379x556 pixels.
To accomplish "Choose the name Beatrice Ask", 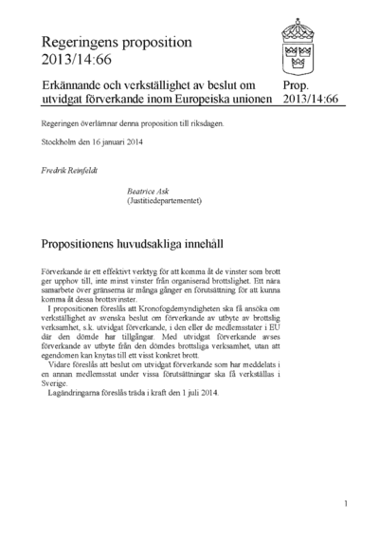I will pyautogui.click(x=148, y=191).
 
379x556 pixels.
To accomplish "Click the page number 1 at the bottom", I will pyautogui.click(x=347, y=504).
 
